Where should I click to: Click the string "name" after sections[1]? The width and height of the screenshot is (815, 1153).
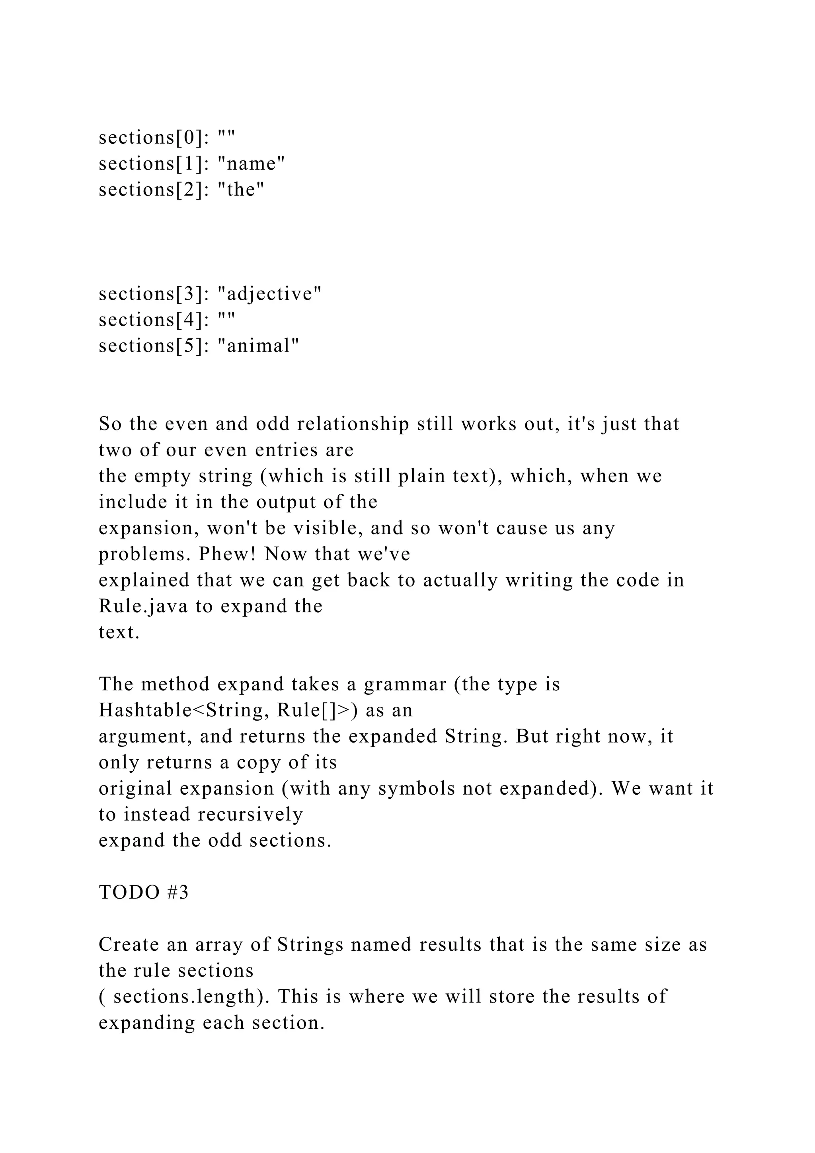(x=252, y=164)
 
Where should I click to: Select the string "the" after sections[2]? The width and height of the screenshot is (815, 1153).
(x=241, y=190)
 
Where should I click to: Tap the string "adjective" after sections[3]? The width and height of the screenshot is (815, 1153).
(x=269, y=294)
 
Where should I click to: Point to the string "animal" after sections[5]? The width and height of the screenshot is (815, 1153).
(x=258, y=346)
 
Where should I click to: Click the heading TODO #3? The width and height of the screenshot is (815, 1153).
(x=144, y=892)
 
